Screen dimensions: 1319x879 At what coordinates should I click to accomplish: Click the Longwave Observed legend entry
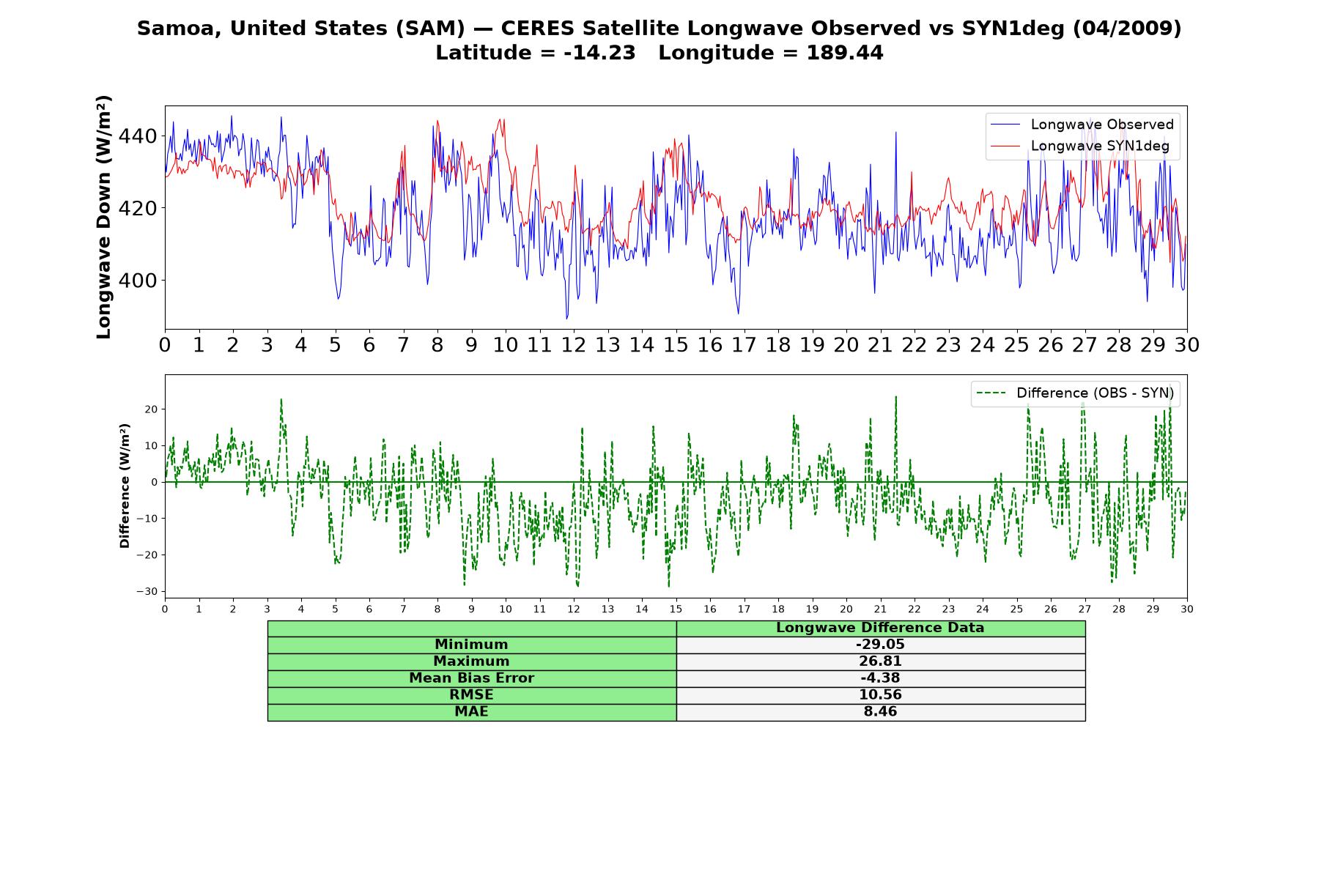click(x=1082, y=125)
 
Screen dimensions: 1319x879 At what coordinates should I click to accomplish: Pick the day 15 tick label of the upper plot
click(x=676, y=344)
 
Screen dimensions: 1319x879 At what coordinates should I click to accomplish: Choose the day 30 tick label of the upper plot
click(x=1186, y=344)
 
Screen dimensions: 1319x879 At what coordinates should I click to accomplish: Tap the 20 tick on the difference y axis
click(x=151, y=409)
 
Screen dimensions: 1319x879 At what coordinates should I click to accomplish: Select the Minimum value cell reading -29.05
click(x=880, y=645)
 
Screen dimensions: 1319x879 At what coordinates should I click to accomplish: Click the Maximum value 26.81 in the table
click(x=880, y=661)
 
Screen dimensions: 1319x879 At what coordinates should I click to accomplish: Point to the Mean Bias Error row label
click(x=471, y=678)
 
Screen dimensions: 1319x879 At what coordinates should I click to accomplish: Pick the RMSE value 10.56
click(x=880, y=695)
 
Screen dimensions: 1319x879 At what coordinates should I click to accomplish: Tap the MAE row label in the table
click(x=471, y=712)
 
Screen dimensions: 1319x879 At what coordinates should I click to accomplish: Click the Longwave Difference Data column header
click(x=880, y=628)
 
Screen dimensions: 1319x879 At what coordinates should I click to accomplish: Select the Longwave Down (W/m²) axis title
click(x=103, y=217)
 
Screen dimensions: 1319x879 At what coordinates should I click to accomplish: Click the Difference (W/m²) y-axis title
click(x=125, y=486)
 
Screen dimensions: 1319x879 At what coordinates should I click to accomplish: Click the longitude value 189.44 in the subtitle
click(x=845, y=53)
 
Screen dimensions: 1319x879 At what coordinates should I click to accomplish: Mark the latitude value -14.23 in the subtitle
click(x=599, y=53)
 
